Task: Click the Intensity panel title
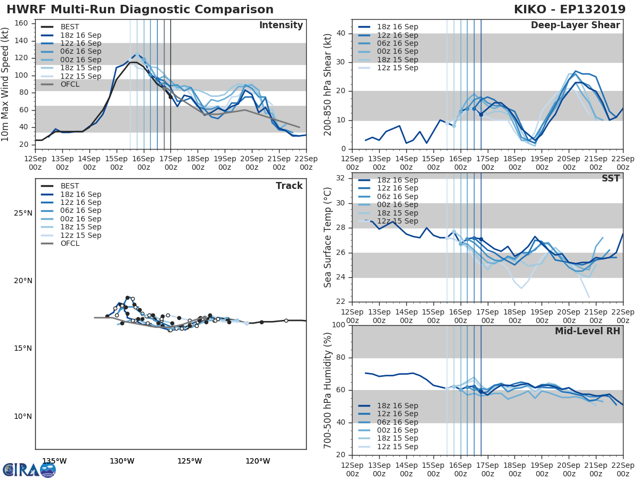pos(281,26)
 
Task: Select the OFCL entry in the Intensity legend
pos(70,84)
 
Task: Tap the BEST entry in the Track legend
pos(70,186)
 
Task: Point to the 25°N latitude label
pos(23,213)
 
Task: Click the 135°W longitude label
pos(54,461)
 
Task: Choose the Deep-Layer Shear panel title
pos(575,26)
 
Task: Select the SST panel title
pos(611,179)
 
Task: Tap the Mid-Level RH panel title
pos(587,331)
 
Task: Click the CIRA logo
pos(21,470)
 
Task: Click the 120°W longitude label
pos(258,461)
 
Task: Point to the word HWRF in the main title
pos(26,10)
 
